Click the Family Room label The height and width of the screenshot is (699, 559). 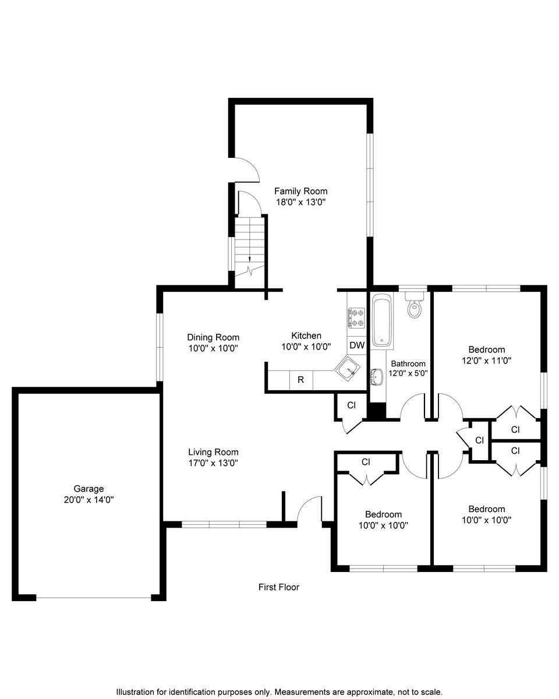300,191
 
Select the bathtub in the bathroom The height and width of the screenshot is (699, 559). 382,320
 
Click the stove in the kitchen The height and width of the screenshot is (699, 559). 356,317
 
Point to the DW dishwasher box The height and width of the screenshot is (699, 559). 356,345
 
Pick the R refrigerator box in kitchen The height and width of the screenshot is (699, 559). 301,379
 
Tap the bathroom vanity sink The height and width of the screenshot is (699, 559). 377,376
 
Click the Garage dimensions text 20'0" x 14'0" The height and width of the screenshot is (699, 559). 89,500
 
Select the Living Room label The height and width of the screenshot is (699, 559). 213,452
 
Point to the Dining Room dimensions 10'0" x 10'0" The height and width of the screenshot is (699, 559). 213,348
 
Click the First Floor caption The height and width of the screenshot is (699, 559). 279,587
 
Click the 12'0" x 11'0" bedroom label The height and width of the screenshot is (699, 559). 486,361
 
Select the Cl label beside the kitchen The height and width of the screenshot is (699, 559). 352,405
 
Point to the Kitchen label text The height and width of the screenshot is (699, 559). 306,336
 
